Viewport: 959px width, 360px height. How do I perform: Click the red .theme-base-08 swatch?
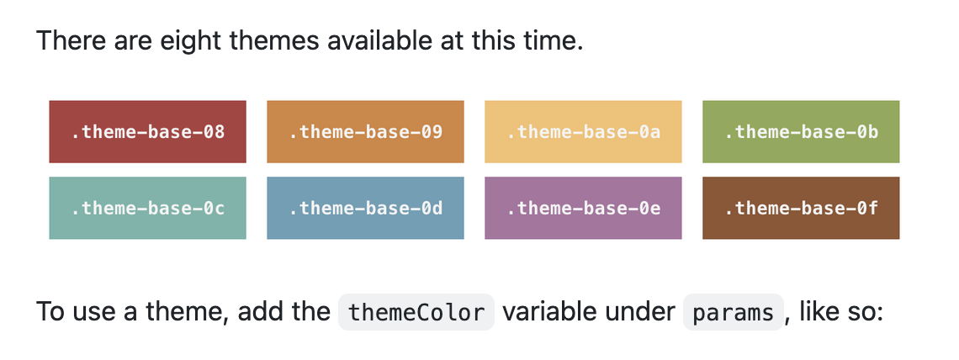[147, 131]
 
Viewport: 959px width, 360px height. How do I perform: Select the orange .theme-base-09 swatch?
[365, 131]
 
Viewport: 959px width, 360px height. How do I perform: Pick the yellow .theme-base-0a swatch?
[583, 131]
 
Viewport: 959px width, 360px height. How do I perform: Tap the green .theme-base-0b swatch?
[801, 131]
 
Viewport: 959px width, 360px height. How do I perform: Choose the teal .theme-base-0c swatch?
[147, 208]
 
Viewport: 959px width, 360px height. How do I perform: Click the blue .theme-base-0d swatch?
[365, 208]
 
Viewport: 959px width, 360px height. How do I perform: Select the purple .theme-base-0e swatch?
[583, 208]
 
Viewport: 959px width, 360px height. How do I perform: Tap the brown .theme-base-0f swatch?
[801, 208]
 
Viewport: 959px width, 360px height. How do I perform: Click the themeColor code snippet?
[416, 313]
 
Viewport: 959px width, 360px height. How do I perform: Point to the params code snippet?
[733, 313]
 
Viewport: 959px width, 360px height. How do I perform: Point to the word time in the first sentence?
[554, 40]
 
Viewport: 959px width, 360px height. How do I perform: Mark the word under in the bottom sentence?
[646, 312]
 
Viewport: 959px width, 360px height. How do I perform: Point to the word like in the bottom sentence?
[819, 312]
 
